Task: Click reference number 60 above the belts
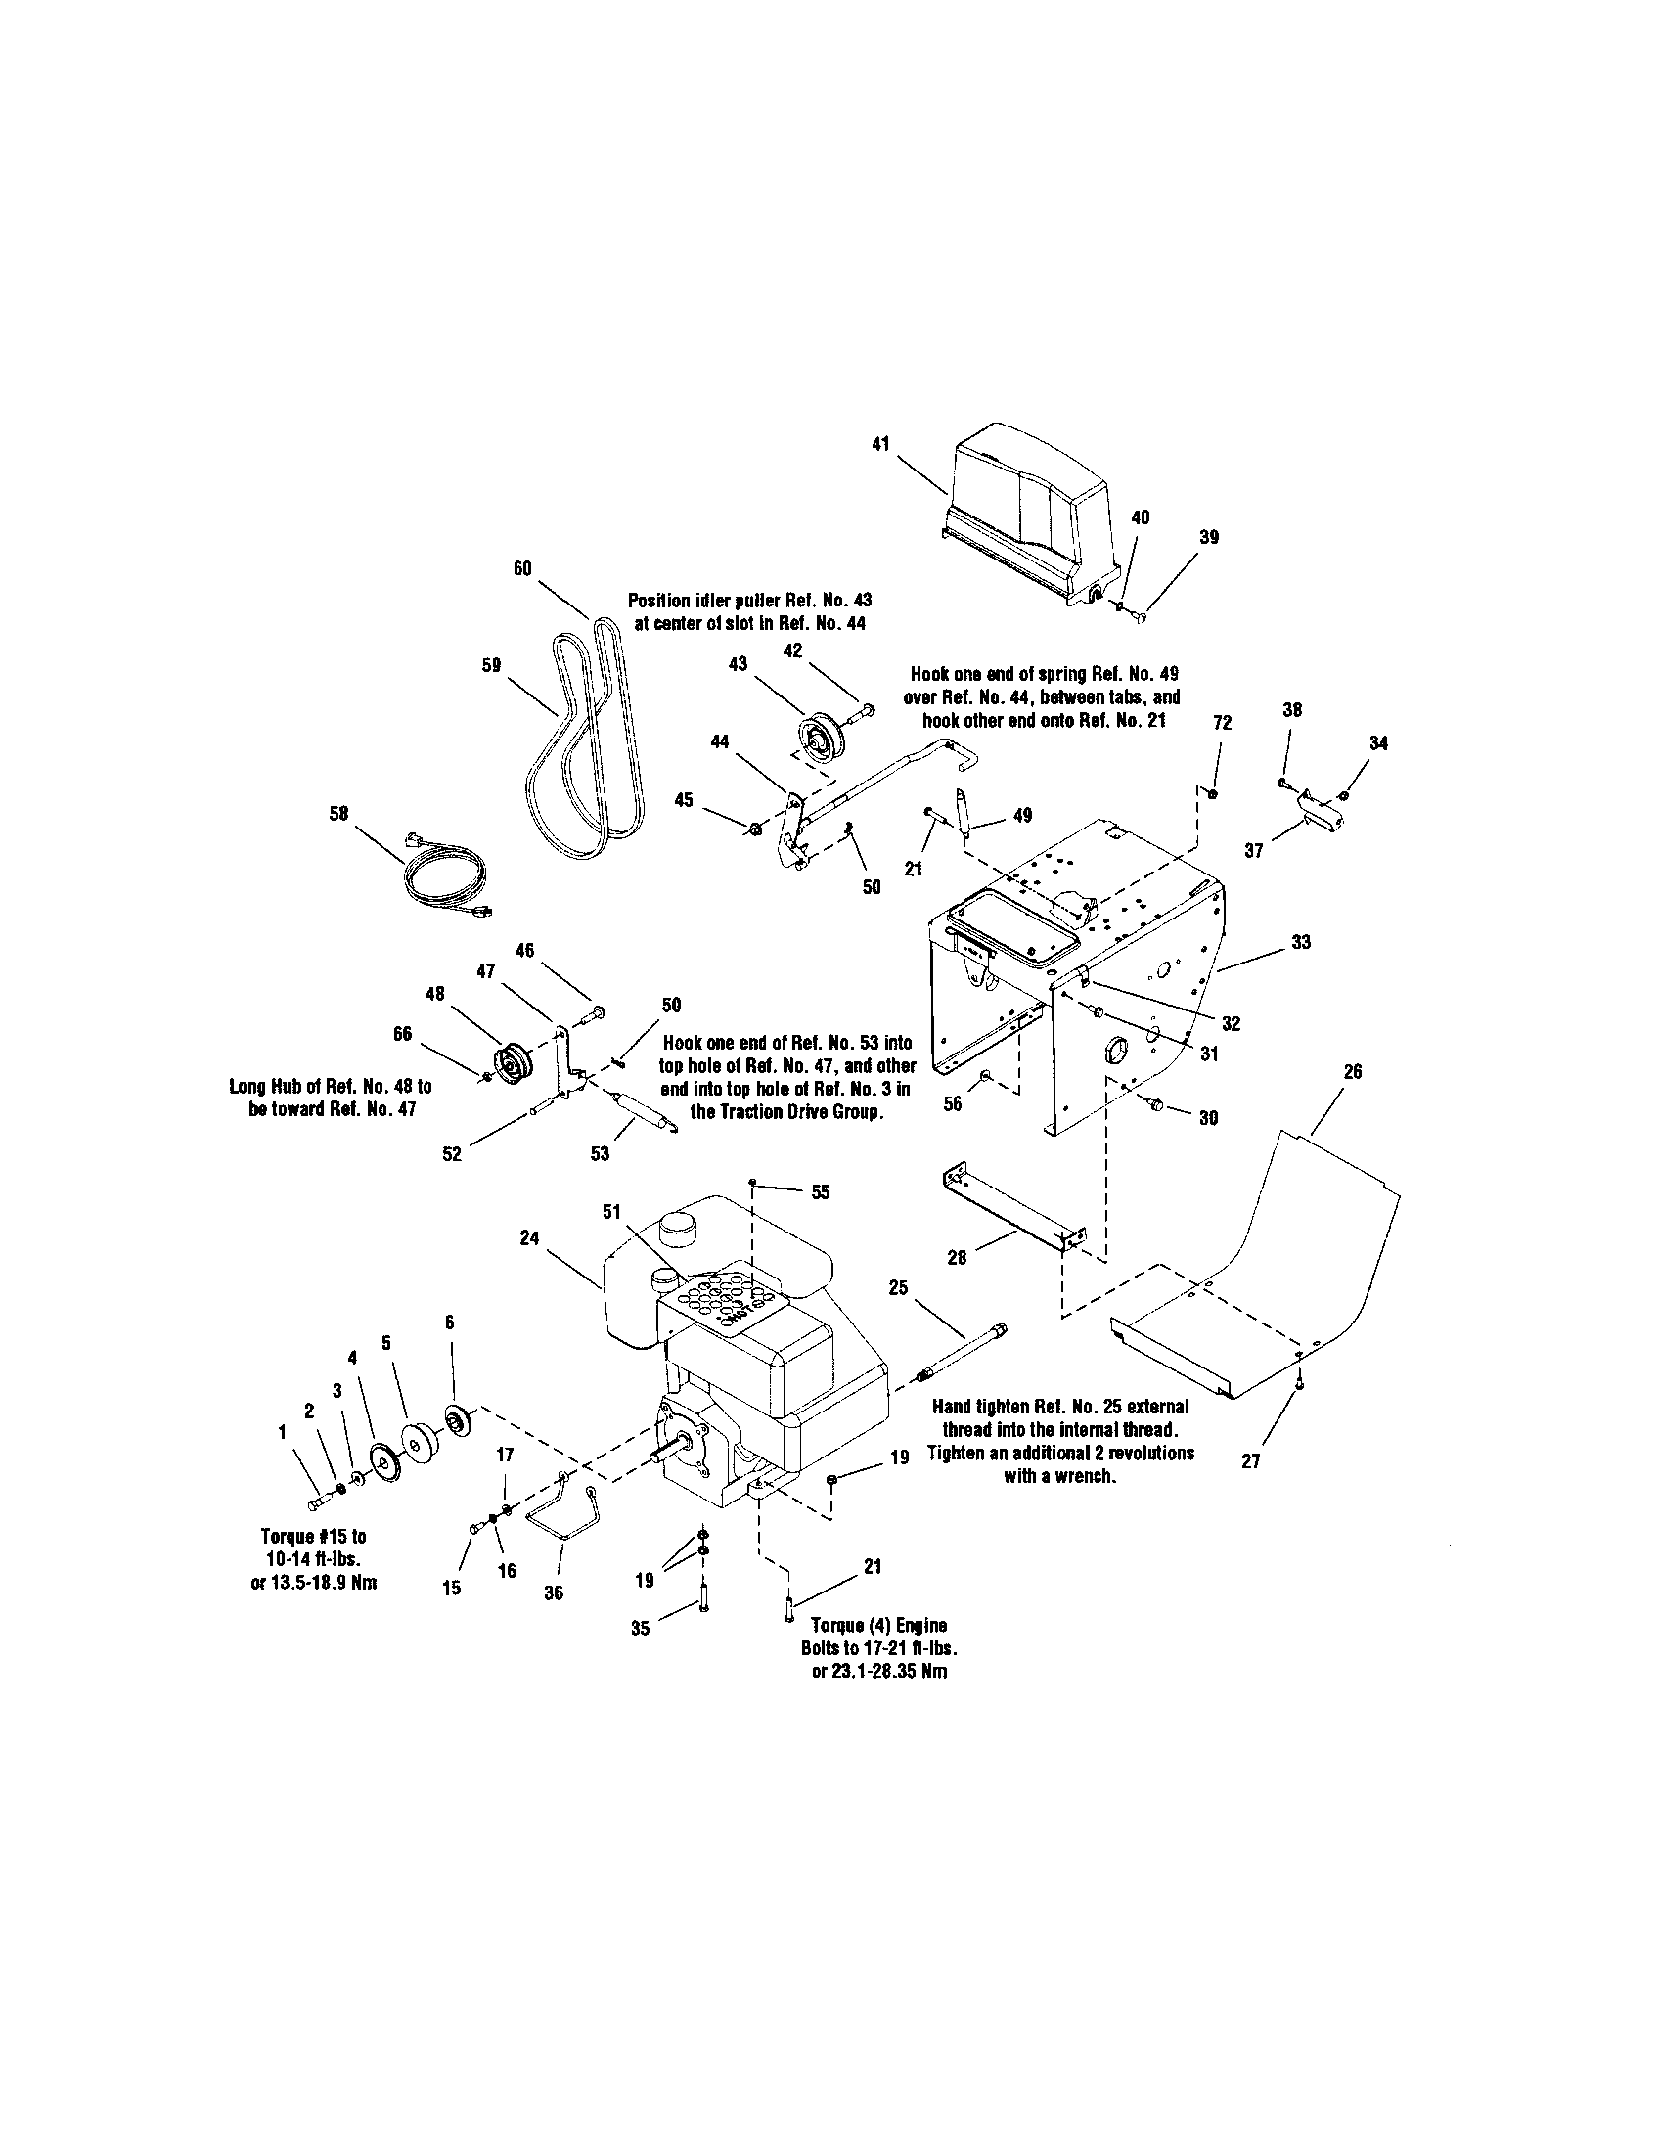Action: pos(522,568)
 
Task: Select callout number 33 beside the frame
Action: pos(1301,942)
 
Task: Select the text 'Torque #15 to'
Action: pos(313,1536)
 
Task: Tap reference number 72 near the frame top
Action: pos(1222,722)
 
